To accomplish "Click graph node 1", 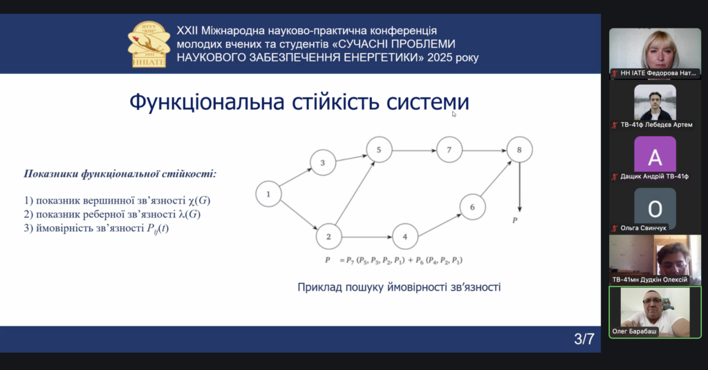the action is tap(268, 194).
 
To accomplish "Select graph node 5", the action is tap(379, 150).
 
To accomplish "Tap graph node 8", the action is tap(519, 150).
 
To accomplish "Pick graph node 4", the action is tap(405, 237).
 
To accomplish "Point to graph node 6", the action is tap(472, 207).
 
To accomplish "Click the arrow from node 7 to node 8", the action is tap(484, 150).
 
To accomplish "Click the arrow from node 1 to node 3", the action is tap(296, 177).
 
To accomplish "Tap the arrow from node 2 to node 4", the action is tap(366, 237).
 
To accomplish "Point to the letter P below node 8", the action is tap(514, 220).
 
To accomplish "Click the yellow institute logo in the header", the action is tap(149, 44).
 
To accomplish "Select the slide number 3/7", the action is tap(584, 339).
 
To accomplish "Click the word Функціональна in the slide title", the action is tap(207, 102).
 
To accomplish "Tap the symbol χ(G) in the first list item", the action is tap(199, 201).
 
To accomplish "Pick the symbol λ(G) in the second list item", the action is tap(189, 214).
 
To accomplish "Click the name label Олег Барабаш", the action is tap(635, 331).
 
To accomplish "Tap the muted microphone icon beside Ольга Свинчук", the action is tap(615, 228).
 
